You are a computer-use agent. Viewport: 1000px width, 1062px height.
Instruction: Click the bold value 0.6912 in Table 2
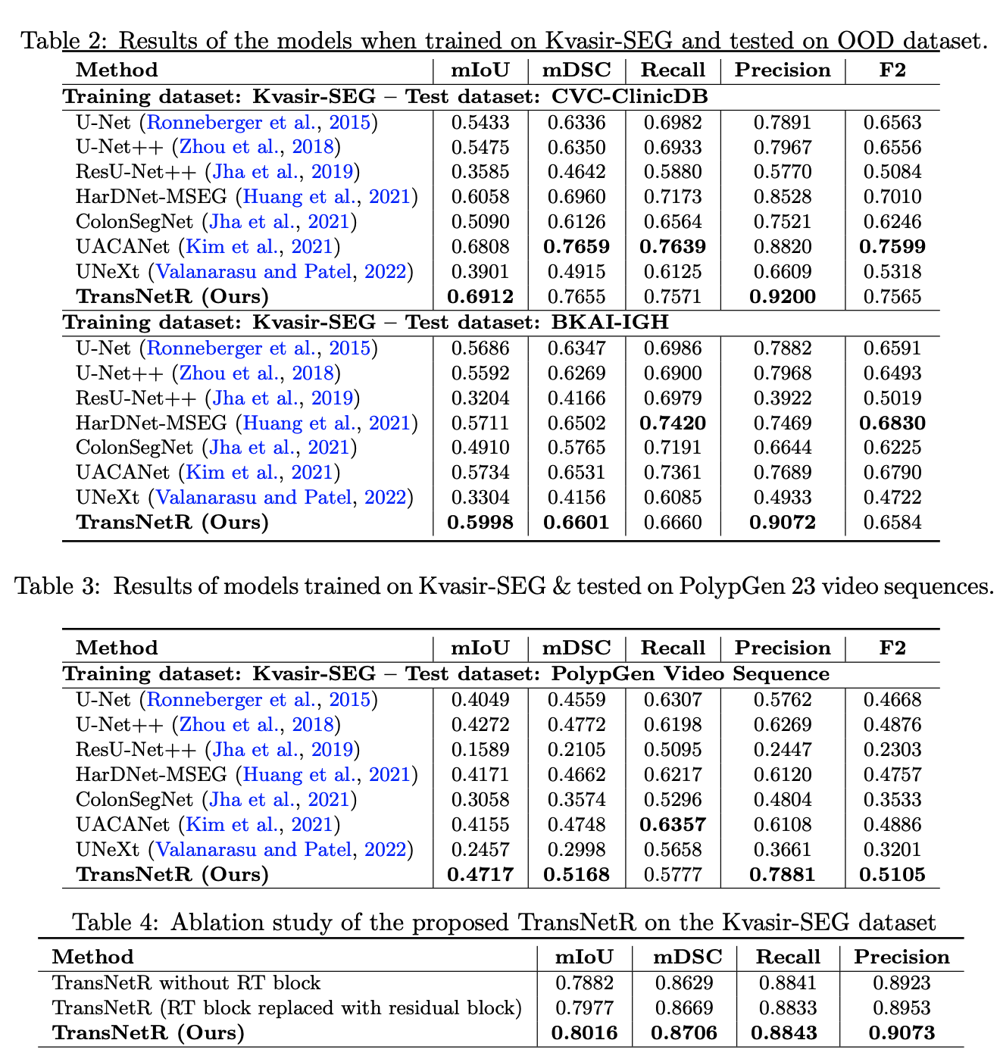point(480,296)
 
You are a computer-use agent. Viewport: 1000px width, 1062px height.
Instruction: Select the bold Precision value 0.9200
point(783,296)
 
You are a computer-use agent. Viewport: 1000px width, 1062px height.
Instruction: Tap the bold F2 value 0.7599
point(892,246)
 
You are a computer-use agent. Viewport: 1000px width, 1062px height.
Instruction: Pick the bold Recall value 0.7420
point(673,423)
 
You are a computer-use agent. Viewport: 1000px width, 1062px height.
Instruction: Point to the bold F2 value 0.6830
point(892,423)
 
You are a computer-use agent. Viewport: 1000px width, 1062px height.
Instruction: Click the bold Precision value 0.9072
point(783,522)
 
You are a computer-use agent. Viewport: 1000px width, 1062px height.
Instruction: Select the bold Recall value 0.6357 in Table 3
point(673,824)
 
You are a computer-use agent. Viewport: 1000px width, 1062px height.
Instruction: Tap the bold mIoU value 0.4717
point(480,874)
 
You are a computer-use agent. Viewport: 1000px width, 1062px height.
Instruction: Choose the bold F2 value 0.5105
point(892,874)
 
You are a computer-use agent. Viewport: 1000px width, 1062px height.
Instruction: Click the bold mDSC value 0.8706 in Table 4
point(685,1032)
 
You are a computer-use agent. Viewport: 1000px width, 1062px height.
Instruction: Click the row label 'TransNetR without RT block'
point(186,983)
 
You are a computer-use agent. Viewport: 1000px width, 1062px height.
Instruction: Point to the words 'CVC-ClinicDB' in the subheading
point(630,96)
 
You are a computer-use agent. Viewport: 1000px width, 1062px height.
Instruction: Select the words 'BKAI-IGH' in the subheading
point(610,322)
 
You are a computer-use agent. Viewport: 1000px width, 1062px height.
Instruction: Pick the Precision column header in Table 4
point(902,957)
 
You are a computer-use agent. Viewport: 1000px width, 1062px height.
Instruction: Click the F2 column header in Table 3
point(892,648)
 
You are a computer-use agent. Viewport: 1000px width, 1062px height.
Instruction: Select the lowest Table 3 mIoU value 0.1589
point(480,750)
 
